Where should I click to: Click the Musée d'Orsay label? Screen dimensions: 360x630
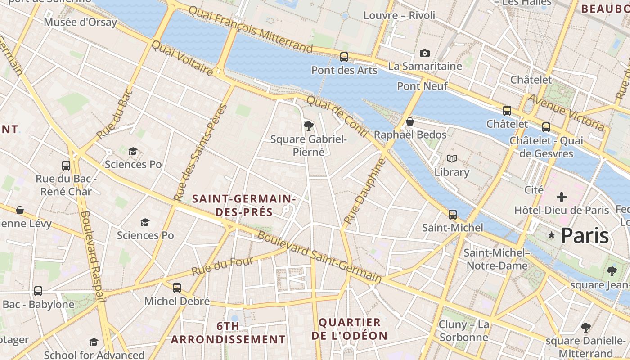[81, 22]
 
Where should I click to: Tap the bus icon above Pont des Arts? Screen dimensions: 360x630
[344, 57]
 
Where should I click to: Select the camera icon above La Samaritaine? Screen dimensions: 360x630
[424, 54]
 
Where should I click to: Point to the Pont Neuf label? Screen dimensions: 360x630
[422, 85]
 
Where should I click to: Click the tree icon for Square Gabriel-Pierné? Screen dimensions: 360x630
[308, 126]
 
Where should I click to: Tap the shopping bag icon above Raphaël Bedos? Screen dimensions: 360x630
[409, 121]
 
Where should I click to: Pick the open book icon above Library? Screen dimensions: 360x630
[452, 158]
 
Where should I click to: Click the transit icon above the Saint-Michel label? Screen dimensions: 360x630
[453, 215]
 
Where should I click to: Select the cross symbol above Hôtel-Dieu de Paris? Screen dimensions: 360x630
[561, 197]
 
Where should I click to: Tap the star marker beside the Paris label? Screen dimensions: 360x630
[551, 235]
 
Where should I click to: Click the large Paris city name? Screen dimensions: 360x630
[585, 235]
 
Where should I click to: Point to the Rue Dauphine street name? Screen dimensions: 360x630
[364, 191]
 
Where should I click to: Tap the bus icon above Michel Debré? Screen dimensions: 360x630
[177, 288]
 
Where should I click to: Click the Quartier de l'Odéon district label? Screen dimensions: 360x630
[350, 329]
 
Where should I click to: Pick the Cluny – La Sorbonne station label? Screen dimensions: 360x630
[463, 331]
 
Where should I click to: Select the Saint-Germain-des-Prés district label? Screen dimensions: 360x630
[243, 205]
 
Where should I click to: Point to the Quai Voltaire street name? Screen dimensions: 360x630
[182, 58]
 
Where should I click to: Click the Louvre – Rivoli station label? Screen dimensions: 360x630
[399, 15]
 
